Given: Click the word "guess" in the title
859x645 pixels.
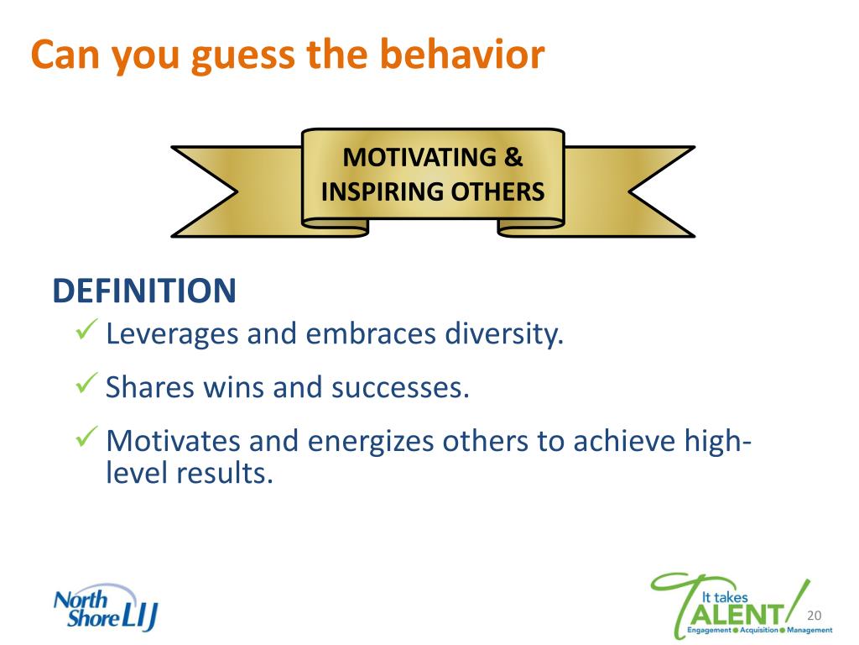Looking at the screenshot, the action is click(x=242, y=56).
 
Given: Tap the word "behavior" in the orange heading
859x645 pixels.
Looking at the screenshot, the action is click(x=462, y=54).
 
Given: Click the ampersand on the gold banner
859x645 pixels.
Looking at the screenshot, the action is click(x=513, y=157).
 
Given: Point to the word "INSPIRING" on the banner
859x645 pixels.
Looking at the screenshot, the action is click(x=382, y=192).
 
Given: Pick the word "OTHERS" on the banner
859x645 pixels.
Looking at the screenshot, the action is click(x=497, y=192).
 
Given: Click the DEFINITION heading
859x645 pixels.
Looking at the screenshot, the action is click(x=144, y=291).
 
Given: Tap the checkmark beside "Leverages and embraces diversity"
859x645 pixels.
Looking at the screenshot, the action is click(x=86, y=329).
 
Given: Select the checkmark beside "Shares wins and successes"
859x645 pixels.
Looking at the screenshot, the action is click(x=86, y=383).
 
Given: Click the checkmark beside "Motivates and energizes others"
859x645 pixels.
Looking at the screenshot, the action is click(x=86, y=437).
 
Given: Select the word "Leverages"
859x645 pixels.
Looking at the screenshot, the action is click(x=172, y=334).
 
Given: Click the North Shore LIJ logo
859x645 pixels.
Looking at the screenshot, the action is click(x=106, y=608).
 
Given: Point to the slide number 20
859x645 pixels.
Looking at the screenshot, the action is click(x=815, y=616).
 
